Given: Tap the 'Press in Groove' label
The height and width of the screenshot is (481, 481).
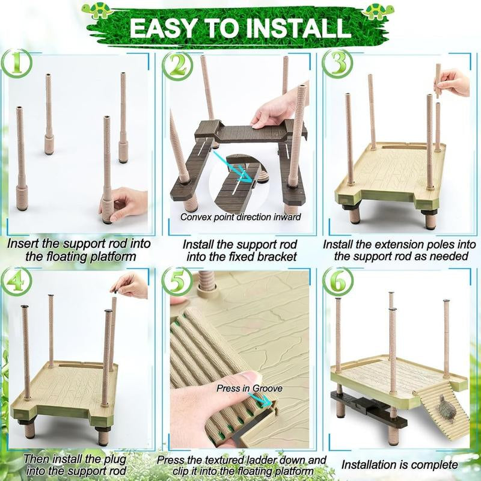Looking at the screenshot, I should (250, 388).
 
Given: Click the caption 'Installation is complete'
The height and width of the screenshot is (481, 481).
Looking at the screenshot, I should (399, 465).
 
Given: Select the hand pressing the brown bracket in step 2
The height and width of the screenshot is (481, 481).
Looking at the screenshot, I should (274, 111).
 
